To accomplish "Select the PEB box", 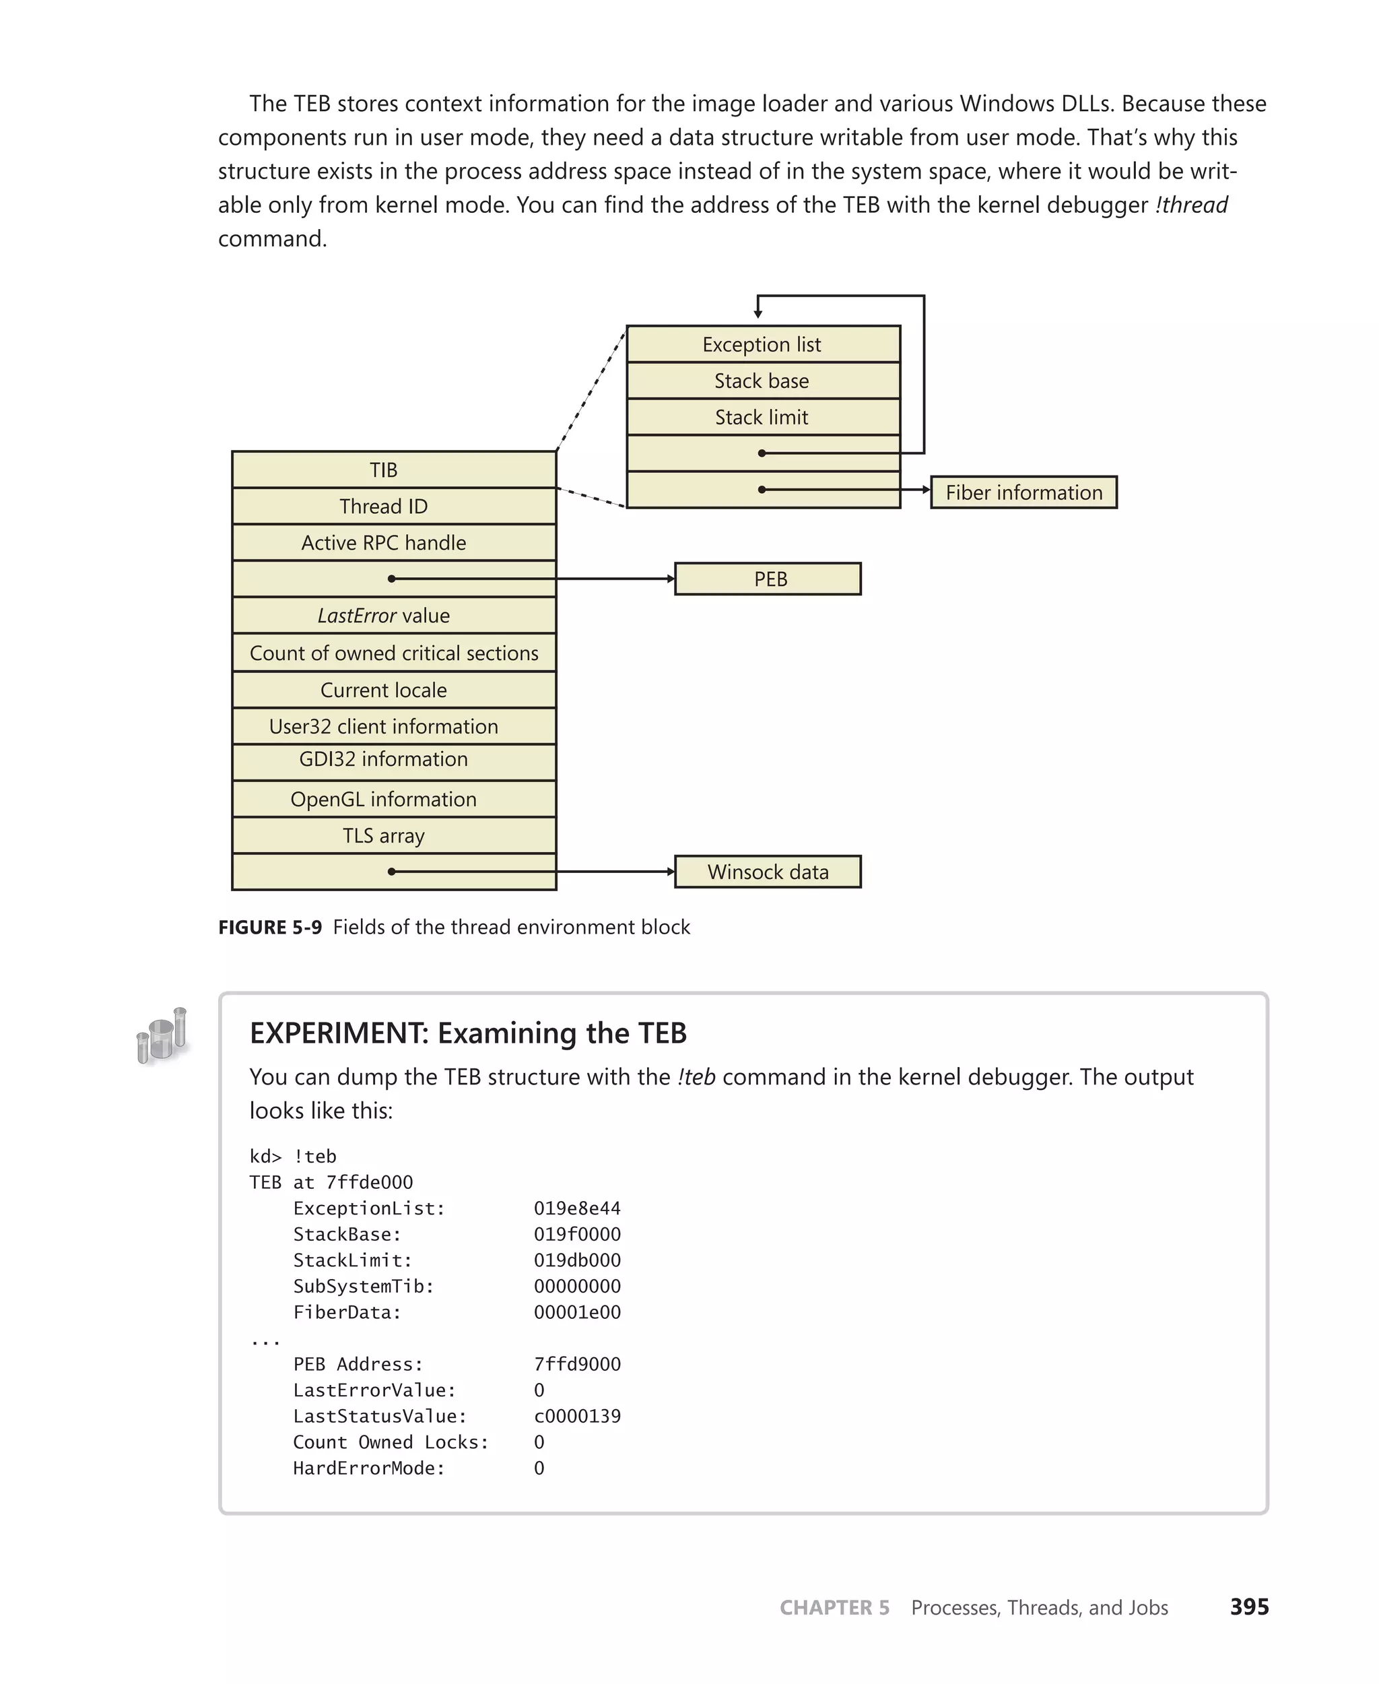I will coord(768,579).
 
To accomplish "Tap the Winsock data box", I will coord(768,872).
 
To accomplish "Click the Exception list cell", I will coord(763,345).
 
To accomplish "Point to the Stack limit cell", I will coord(763,417).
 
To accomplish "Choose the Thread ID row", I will coord(393,507).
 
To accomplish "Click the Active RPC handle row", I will coord(393,543).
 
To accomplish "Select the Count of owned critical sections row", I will coord(393,653).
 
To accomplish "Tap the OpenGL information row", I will coord(393,800).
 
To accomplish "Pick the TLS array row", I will coord(393,836).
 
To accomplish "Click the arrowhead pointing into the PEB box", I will coord(671,579).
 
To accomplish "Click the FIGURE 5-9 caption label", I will coord(270,928).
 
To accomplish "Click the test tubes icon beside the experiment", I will coord(163,1035).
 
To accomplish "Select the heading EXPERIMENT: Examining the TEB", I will coord(468,1033).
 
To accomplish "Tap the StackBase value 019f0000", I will coord(576,1234).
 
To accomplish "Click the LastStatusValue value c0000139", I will coord(576,1416).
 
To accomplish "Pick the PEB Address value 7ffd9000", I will coord(576,1365).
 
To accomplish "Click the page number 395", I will coord(1249,1607).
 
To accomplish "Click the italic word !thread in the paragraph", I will coord(1192,205).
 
